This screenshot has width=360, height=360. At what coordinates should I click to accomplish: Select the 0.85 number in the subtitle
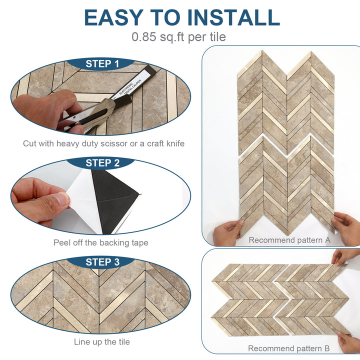pos(145,36)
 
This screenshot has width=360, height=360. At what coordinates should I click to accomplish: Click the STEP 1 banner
pos(102,63)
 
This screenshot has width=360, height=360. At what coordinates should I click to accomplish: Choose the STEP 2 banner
pos(102,162)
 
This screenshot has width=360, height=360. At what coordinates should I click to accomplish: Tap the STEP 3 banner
pos(102,262)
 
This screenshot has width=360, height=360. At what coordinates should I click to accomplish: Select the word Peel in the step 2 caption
pos(63,243)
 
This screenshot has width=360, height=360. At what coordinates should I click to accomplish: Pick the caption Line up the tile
pos(102,342)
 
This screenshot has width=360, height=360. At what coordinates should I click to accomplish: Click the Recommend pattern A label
pos(289,240)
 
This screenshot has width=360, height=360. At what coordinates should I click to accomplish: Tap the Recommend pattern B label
pos(289,348)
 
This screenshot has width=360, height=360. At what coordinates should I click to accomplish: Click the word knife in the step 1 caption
pos(173,143)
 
